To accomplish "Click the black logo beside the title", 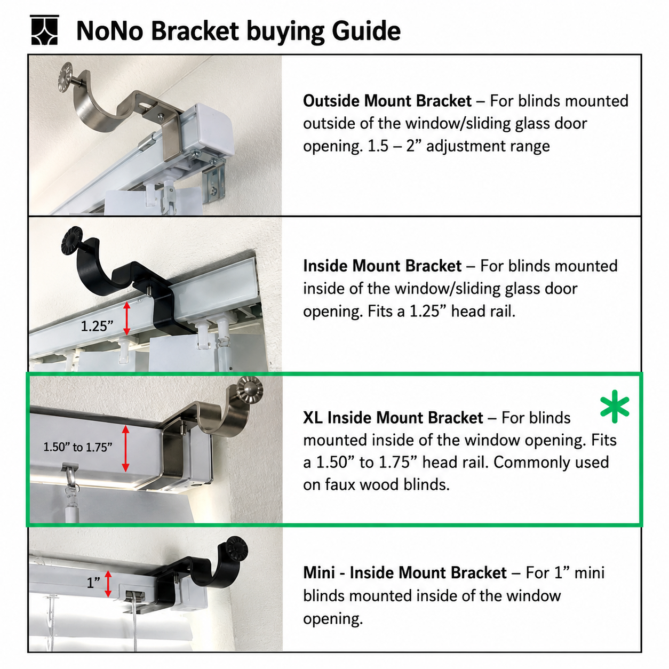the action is (x=44, y=30).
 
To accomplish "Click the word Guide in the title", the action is (x=366, y=31).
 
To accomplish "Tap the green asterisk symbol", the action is (x=615, y=407).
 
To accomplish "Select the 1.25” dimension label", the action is (x=97, y=326).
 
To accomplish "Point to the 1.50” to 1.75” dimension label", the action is (x=78, y=447).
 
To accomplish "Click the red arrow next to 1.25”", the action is (x=126, y=318).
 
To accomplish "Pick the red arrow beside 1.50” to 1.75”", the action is (x=126, y=448).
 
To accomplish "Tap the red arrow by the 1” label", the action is (x=108, y=584).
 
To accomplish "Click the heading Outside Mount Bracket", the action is (x=387, y=101).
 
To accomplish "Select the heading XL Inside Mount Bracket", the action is (x=393, y=418).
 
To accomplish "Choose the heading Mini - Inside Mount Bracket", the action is (x=405, y=573).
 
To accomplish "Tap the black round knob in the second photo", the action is (x=71, y=240).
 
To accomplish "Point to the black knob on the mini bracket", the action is (x=236, y=549).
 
